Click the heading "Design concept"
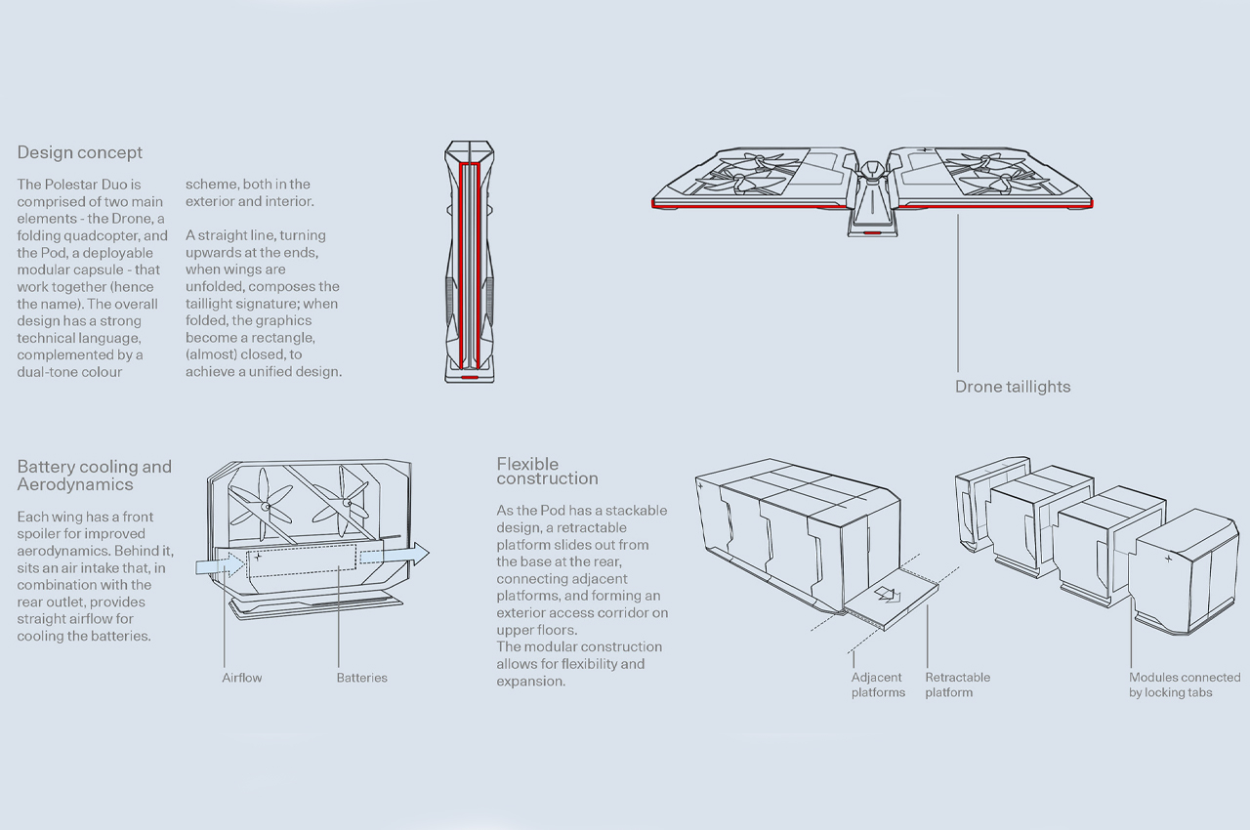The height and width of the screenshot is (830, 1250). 79,152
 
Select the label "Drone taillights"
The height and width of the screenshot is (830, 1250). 1012,387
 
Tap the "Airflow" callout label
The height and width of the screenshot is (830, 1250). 241,678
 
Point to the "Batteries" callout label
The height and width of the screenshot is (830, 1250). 361,678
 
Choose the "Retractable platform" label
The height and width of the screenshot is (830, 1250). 957,685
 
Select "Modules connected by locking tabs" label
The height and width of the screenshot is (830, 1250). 1184,685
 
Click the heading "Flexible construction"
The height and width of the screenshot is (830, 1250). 547,471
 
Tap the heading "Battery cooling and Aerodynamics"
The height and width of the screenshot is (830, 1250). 94,475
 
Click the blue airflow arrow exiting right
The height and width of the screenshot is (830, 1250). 396,555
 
